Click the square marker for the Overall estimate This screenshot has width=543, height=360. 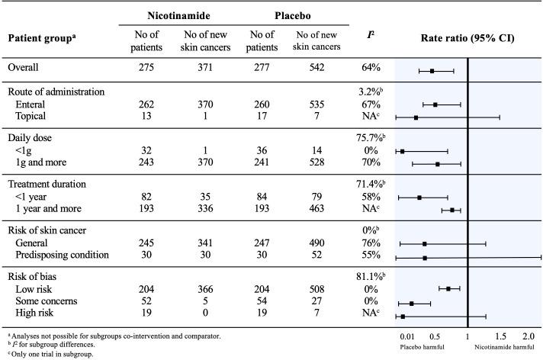click(432, 70)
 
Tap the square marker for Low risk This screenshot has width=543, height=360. click(448, 288)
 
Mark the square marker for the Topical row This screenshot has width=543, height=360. click(416, 117)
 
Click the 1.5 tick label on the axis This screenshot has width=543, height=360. click(500, 336)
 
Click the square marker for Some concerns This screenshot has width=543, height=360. click(412, 303)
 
